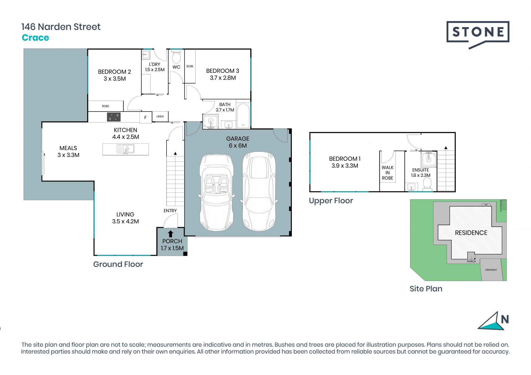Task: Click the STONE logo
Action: [x=478, y=35]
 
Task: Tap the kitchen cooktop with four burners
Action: [x=114, y=117]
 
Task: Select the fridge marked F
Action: [x=145, y=118]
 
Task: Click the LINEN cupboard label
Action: [x=160, y=116]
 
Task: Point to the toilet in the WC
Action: [x=176, y=57]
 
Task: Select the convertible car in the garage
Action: [x=216, y=192]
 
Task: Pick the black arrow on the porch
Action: [x=171, y=234]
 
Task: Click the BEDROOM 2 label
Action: [x=114, y=72]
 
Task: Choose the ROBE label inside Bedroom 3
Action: [x=190, y=66]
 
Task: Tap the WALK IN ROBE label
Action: [x=387, y=173]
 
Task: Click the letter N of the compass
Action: [x=505, y=319]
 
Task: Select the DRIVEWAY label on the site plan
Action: [x=491, y=270]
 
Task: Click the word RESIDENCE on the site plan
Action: [x=471, y=233]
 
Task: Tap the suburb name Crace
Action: [x=35, y=38]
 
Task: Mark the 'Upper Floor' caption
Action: [x=331, y=201]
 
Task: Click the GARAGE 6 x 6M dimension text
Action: [x=238, y=146]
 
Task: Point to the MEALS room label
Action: [x=68, y=148]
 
